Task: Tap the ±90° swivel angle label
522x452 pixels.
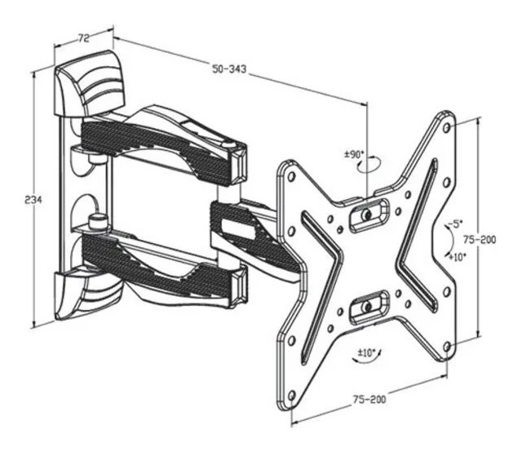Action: (353, 153)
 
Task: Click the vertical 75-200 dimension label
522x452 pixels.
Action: (488, 240)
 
